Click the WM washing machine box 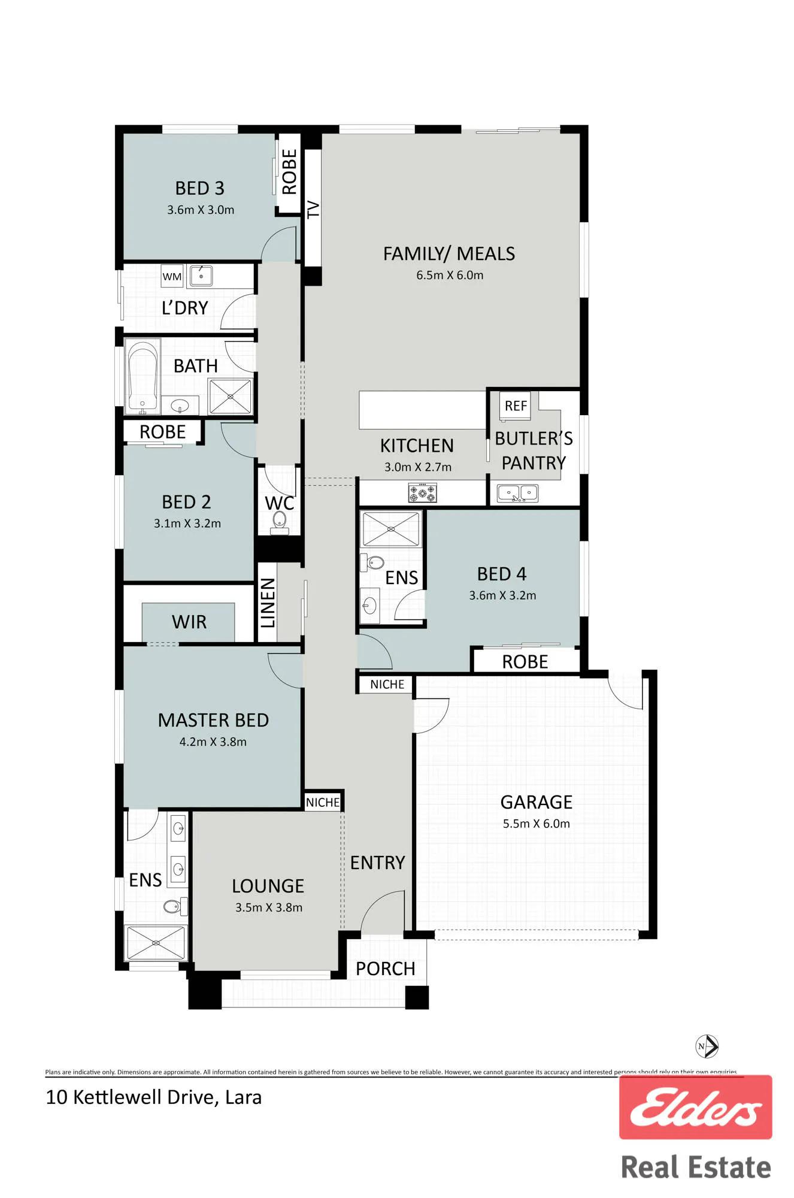(x=172, y=276)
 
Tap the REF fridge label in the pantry (x=516, y=406)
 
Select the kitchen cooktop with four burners (x=423, y=494)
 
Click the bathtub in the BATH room (x=143, y=377)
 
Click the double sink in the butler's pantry (x=517, y=493)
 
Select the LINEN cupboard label (x=268, y=603)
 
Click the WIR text (x=189, y=622)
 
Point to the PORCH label (x=385, y=969)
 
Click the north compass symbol (x=707, y=1046)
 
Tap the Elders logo (x=695, y=1107)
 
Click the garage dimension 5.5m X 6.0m (x=537, y=824)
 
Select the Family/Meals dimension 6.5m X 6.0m (x=450, y=276)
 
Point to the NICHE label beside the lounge (x=323, y=802)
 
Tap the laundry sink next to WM (x=201, y=276)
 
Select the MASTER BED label (x=213, y=720)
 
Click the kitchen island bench (x=422, y=410)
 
